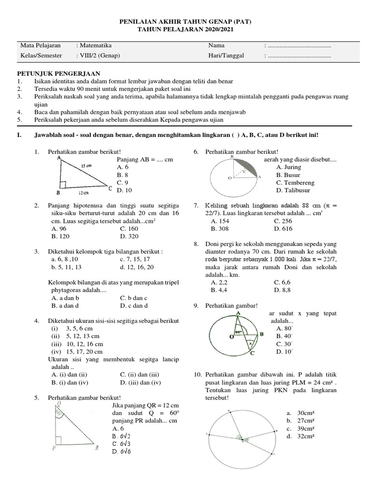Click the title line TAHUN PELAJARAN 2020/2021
point(185,29)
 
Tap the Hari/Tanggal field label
point(226,55)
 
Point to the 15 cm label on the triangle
point(87,165)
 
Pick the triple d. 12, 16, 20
point(137,267)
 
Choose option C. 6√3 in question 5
point(123,443)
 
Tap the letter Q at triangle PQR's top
point(58,403)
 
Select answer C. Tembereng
point(295,183)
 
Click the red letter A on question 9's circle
point(238,313)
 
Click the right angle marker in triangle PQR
point(58,440)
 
